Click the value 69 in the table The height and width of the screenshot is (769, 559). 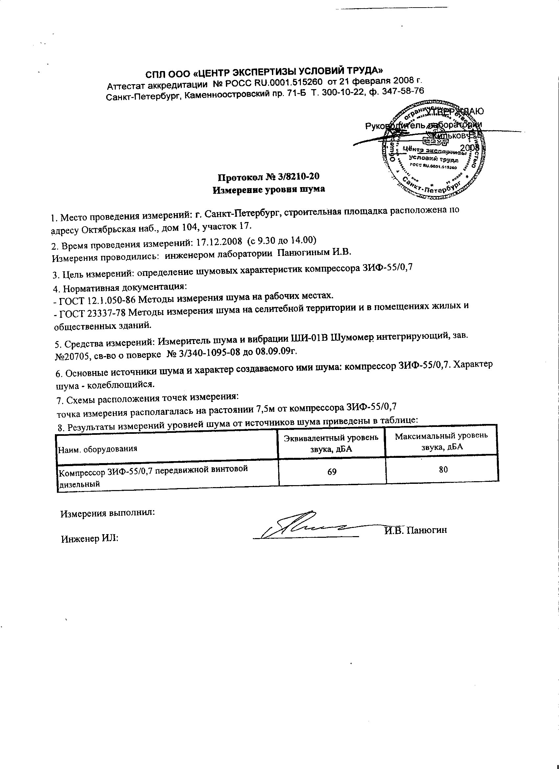tap(332, 471)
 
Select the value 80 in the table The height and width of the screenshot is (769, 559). tap(443, 469)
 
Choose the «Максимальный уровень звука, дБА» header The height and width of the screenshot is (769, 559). tap(442, 441)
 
